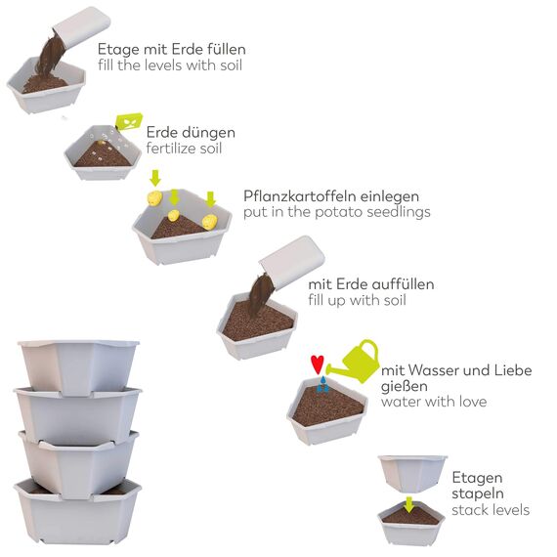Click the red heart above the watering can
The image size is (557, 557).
(x=318, y=364)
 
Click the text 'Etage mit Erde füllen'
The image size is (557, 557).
(x=171, y=49)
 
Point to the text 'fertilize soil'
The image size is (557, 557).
(x=185, y=149)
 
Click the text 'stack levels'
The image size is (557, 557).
(x=491, y=510)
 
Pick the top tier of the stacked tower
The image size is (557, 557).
(x=78, y=364)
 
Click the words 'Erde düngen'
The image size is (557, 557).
(x=191, y=132)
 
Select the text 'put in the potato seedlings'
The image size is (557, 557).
(x=336, y=211)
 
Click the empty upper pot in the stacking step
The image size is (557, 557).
(x=412, y=473)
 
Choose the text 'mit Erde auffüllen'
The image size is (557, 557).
(x=370, y=284)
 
